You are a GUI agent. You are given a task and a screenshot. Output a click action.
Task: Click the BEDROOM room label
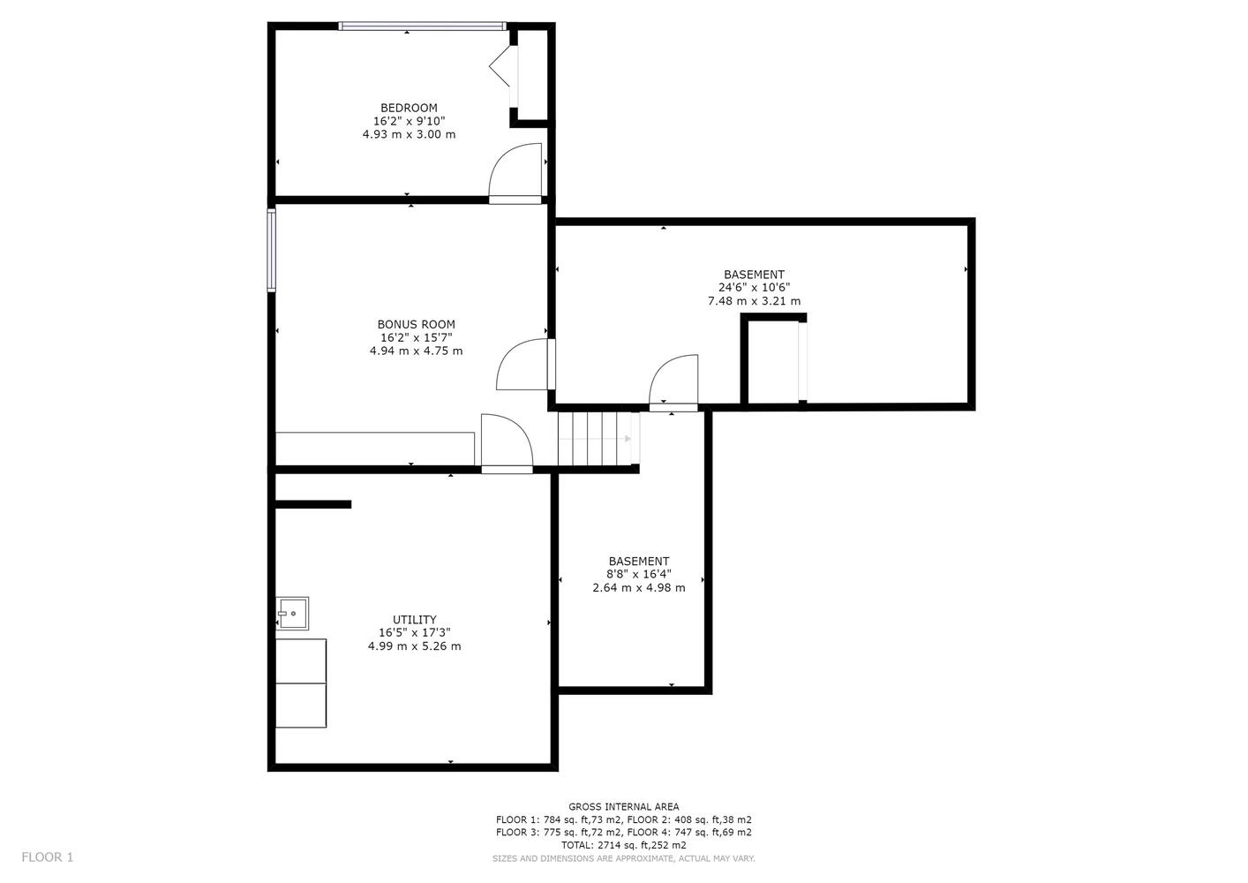click(x=409, y=108)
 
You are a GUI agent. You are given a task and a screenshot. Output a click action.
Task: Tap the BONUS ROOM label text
click(x=417, y=324)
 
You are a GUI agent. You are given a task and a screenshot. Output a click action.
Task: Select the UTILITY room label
click(x=415, y=619)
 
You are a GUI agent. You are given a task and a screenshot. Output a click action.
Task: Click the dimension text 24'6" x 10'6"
click(x=754, y=288)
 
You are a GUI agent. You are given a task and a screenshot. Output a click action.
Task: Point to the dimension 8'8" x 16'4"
click(x=638, y=574)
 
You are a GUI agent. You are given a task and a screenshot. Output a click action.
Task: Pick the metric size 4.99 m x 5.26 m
click(x=415, y=646)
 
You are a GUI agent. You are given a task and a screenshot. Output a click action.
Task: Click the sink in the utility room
click(x=292, y=613)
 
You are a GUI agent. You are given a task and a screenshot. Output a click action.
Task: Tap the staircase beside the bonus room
click(x=598, y=438)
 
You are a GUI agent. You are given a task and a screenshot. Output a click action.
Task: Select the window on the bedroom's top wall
click(x=422, y=26)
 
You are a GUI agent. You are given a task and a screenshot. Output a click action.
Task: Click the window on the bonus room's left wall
click(x=271, y=250)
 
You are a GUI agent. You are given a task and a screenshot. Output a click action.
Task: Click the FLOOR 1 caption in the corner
click(x=48, y=857)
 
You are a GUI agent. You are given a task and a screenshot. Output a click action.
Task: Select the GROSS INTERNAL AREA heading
click(x=623, y=807)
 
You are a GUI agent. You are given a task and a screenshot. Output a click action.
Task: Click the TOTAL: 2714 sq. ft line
click(x=623, y=845)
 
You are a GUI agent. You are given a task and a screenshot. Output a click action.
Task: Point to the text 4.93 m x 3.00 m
click(x=409, y=134)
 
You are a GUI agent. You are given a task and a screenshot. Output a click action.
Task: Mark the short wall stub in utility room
click(x=313, y=504)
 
